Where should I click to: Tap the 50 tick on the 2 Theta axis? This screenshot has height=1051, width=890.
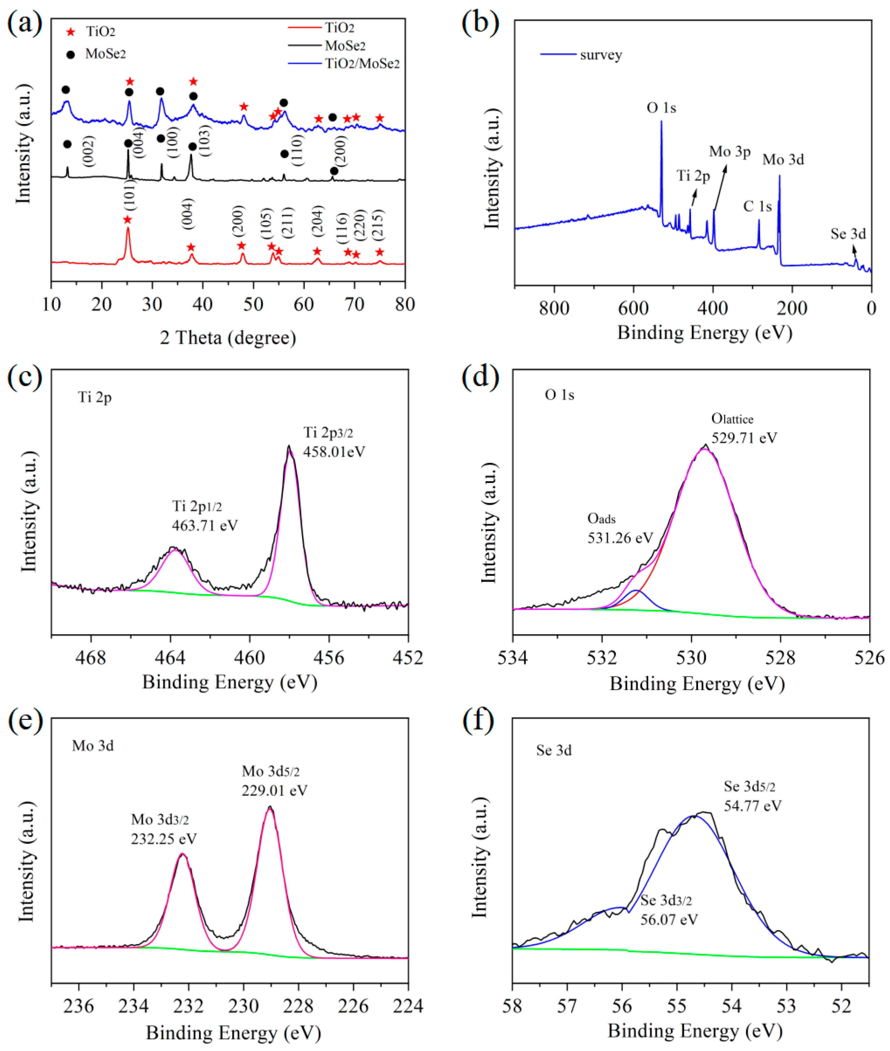coord(253,304)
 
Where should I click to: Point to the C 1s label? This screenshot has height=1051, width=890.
coord(757,206)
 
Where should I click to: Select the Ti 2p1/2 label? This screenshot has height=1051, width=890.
coord(197,506)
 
